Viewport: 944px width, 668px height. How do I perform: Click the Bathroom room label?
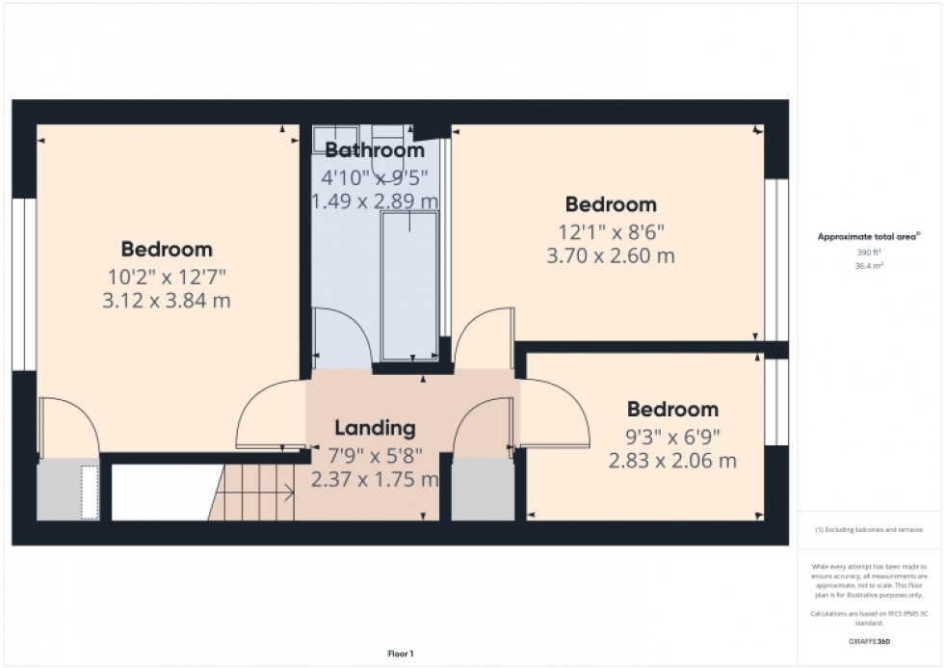pyautogui.click(x=374, y=150)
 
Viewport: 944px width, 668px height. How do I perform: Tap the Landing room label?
pyautogui.click(x=375, y=428)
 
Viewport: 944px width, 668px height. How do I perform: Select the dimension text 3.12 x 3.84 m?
pyautogui.click(x=167, y=301)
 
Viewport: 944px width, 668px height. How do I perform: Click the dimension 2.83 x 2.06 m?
pyautogui.click(x=672, y=461)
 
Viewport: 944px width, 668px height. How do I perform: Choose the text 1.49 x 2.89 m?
pyautogui.click(x=374, y=200)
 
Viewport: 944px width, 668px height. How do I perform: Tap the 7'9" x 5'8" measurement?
pyautogui.click(x=375, y=454)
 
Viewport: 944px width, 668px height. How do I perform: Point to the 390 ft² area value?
pyautogui.click(x=870, y=252)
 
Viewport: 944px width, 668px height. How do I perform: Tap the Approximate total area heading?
pyautogui.click(x=869, y=236)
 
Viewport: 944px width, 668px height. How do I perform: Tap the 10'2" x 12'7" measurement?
pyautogui.click(x=167, y=276)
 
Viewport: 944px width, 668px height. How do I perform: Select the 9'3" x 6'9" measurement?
pyautogui.click(x=672, y=436)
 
